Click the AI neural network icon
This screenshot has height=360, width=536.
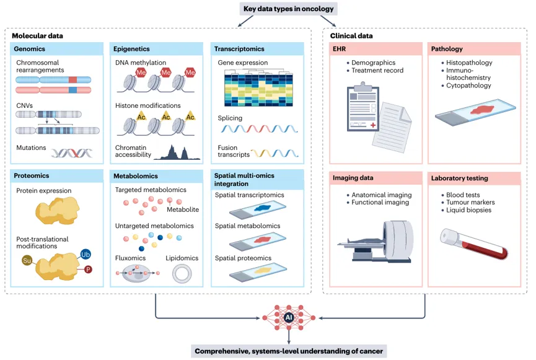(289, 318)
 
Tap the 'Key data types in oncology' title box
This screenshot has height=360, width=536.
(289, 9)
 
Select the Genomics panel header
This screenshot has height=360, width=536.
(57, 49)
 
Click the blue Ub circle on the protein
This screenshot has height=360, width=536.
(86, 255)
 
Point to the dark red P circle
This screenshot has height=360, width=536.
(88, 270)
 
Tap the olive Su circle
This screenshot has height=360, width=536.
(27, 260)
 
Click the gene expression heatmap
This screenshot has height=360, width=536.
(258, 88)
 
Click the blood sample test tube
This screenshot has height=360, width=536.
(474, 244)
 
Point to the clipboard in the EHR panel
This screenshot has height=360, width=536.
(362, 107)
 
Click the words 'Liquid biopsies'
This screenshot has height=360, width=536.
(468, 210)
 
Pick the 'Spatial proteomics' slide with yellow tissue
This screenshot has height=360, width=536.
(258, 272)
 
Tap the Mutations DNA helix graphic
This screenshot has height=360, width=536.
(72, 153)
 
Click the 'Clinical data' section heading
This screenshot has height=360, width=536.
(351, 35)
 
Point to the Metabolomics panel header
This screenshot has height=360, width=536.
(156, 176)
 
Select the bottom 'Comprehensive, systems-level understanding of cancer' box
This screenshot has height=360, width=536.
(289, 351)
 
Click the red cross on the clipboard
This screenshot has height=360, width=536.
(373, 125)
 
